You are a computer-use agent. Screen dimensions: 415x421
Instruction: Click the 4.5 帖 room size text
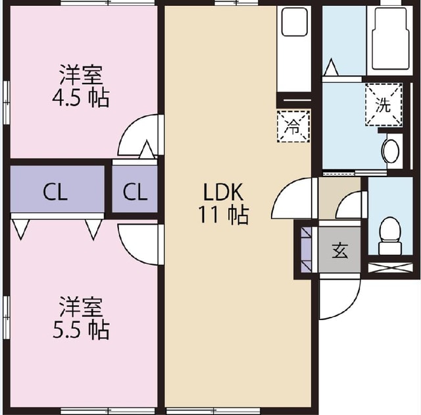(x=80, y=98)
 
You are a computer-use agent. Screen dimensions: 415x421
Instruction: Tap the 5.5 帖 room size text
(x=80, y=329)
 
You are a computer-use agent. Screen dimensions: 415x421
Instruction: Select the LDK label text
(x=223, y=192)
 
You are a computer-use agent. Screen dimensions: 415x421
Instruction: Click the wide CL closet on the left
(x=57, y=192)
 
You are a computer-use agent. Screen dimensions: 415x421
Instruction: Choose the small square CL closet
(x=135, y=192)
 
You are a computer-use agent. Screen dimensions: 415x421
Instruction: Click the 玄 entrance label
(x=339, y=250)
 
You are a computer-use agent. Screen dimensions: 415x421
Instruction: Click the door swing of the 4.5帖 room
(x=139, y=135)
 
